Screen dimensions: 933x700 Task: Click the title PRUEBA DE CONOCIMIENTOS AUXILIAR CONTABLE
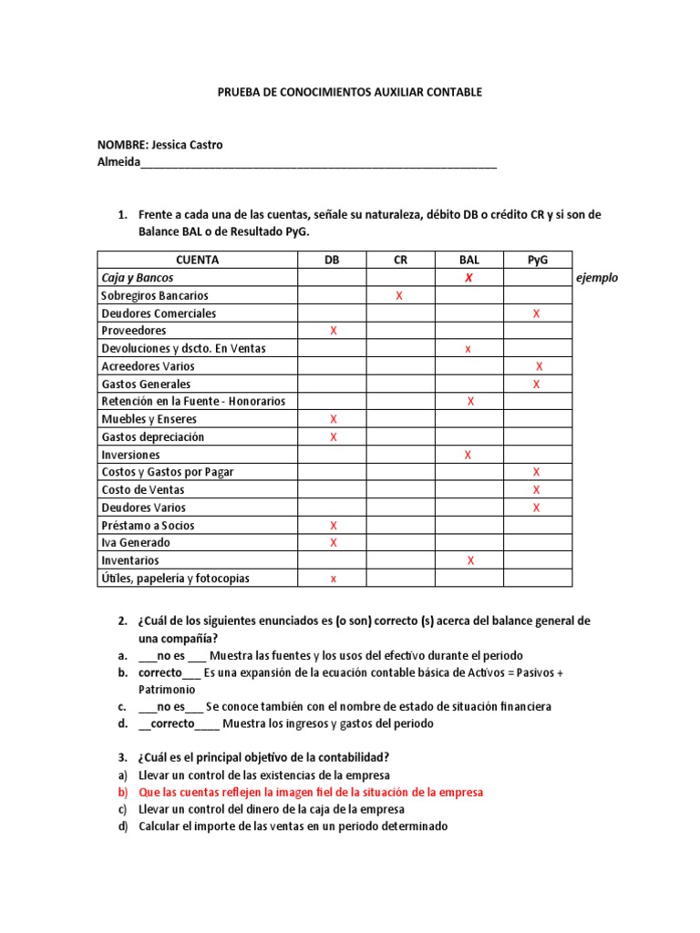[x=349, y=92]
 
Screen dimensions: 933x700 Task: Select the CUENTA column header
[x=197, y=260]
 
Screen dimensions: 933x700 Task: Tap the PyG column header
[x=538, y=260]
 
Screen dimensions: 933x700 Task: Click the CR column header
[x=400, y=260]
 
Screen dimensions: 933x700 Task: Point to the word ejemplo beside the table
[x=597, y=278]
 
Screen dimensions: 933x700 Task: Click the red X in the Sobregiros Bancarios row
[x=399, y=296]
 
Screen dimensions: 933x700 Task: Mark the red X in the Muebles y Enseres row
[x=333, y=419]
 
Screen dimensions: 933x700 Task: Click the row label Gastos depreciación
[x=152, y=436]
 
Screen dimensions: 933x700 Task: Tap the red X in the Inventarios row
[x=470, y=560]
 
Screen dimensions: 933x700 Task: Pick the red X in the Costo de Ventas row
[x=536, y=490]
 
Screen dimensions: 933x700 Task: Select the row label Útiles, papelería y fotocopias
[x=175, y=578]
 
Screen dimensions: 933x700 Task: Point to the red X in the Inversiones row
[x=468, y=455]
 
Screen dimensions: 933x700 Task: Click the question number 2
[x=121, y=620]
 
